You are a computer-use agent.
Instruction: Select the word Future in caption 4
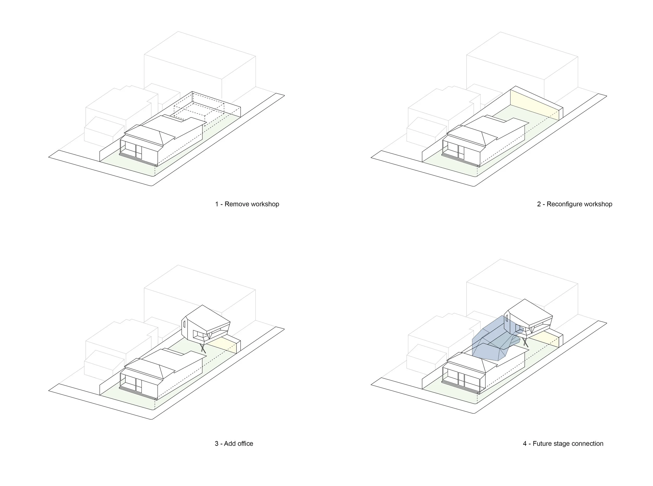click(x=543, y=444)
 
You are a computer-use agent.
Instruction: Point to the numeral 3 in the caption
click(x=217, y=444)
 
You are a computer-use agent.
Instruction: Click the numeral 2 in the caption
click(x=539, y=204)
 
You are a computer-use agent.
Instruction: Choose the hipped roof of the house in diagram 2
click(x=470, y=132)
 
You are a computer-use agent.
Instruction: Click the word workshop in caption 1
click(x=265, y=204)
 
